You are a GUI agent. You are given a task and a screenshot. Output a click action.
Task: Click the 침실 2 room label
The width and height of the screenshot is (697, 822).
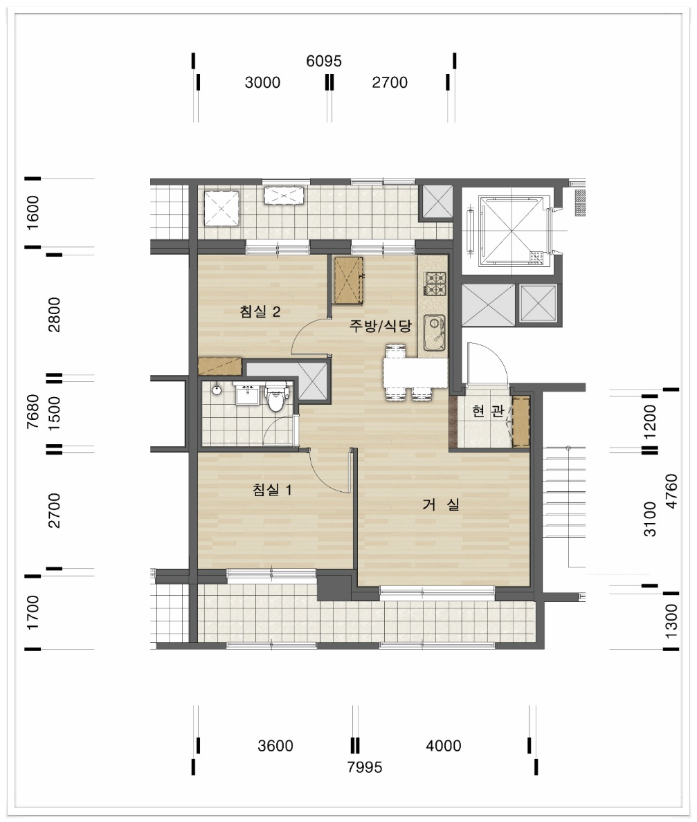pyautogui.click(x=260, y=311)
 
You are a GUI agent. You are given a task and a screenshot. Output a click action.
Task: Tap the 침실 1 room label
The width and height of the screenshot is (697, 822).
pyautogui.click(x=271, y=490)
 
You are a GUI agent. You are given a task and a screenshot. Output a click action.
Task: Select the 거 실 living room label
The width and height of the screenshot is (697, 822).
pyautogui.click(x=441, y=504)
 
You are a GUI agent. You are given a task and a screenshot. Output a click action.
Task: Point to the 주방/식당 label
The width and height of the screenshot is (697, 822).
pyautogui.click(x=381, y=326)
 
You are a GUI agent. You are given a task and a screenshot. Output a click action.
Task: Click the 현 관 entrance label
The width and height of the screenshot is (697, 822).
pyautogui.click(x=488, y=410)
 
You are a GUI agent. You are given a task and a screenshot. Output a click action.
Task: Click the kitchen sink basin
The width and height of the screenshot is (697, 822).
pyautogui.click(x=434, y=333)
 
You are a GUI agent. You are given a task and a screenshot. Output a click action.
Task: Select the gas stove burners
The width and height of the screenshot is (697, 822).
pyautogui.click(x=435, y=284)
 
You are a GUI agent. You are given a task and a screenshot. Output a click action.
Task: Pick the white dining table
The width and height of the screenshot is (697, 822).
pyautogui.click(x=415, y=372)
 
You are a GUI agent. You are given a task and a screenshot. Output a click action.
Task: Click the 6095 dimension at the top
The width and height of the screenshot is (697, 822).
pyautogui.click(x=324, y=61)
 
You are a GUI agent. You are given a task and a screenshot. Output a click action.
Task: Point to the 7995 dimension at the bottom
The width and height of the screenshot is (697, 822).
pyautogui.click(x=365, y=767)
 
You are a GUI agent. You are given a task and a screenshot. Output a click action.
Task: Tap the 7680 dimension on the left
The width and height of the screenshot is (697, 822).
pyautogui.click(x=33, y=412)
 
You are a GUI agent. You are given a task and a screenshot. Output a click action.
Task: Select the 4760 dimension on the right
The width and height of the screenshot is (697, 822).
pyautogui.click(x=671, y=491)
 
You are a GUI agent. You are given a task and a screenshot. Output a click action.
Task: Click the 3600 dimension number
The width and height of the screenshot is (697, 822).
pyautogui.click(x=275, y=745)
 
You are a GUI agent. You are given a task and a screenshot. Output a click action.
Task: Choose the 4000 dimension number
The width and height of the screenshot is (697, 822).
pyautogui.click(x=444, y=745)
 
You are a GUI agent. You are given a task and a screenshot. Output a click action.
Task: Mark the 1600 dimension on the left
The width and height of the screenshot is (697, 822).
pyautogui.click(x=33, y=212)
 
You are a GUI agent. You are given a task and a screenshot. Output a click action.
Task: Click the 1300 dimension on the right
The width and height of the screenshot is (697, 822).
pyautogui.click(x=671, y=621)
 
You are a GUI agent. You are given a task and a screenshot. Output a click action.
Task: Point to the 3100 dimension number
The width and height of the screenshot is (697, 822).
pyautogui.click(x=650, y=519)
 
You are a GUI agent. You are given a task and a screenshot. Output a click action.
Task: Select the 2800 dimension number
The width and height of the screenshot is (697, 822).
pyautogui.click(x=54, y=315)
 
